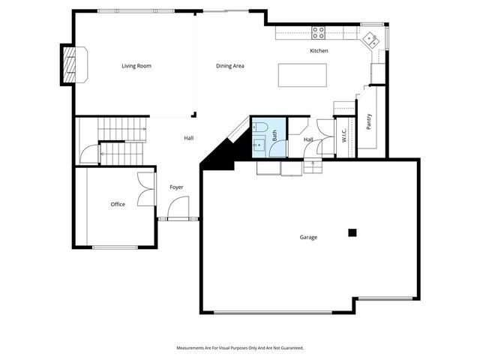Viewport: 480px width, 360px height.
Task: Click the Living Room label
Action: (x=136, y=66)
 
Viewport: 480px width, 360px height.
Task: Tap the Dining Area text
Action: (x=230, y=66)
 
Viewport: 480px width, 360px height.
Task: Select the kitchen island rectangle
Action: (x=303, y=76)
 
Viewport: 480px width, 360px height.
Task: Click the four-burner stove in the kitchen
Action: (x=319, y=32)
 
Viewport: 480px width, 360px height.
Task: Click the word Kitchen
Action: (x=319, y=51)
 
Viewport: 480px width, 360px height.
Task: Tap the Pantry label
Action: (x=369, y=122)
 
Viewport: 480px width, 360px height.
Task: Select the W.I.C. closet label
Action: (x=344, y=136)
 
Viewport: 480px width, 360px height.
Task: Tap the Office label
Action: (x=118, y=204)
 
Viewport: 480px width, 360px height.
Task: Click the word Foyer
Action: (x=176, y=187)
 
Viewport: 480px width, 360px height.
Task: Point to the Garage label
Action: (x=308, y=237)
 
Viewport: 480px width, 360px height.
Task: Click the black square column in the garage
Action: (x=352, y=232)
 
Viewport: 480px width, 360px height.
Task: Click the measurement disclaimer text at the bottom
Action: (x=240, y=348)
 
